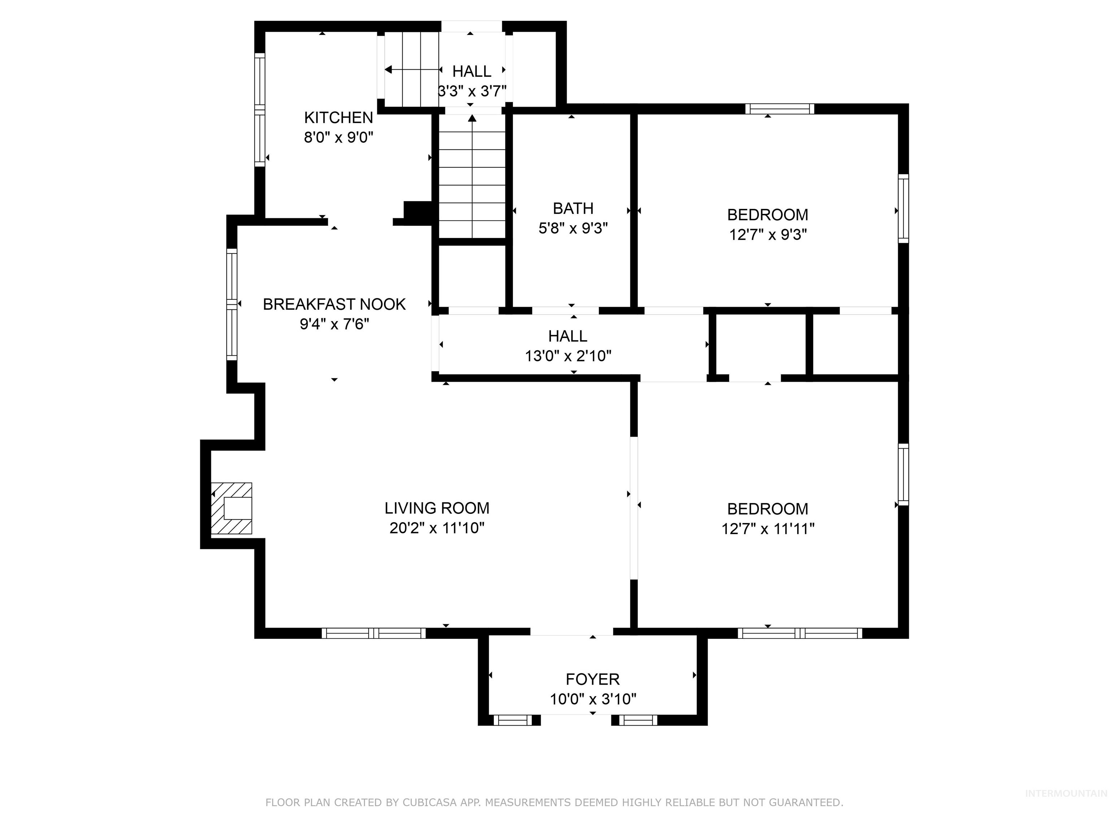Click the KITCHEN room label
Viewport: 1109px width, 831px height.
click(x=338, y=118)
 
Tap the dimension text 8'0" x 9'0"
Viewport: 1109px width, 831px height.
click(x=338, y=137)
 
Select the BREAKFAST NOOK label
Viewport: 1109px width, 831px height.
click(x=334, y=304)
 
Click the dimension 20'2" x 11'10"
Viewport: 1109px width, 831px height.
click(x=437, y=528)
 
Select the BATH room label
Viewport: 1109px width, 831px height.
click(x=573, y=208)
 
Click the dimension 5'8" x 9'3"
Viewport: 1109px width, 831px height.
click(x=573, y=228)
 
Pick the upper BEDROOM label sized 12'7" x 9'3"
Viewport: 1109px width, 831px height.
click(x=767, y=215)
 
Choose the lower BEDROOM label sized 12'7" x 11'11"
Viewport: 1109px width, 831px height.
click(x=767, y=509)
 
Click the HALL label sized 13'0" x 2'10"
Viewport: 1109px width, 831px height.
click(x=567, y=336)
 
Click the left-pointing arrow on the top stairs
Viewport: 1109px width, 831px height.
click(x=388, y=70)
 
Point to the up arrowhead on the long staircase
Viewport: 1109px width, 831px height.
click(x=472, y=119)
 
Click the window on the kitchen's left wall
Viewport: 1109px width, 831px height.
click(x=259, y=109)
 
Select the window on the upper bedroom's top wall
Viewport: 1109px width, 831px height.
click(x=779, y=109)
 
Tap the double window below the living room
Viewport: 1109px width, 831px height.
click(x=374, y=633)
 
